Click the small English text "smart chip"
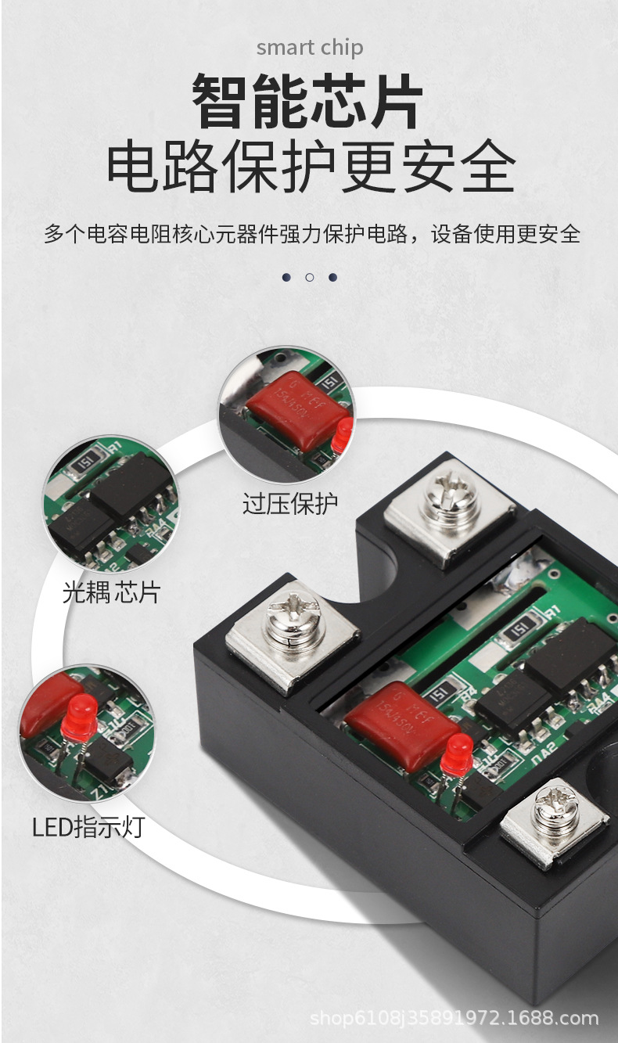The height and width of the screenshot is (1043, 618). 310,49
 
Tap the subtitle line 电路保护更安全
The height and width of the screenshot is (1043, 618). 311,166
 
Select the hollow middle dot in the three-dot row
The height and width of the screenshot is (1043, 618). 310,277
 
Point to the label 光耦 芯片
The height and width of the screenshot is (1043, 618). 110,592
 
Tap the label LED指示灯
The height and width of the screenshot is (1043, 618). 88,826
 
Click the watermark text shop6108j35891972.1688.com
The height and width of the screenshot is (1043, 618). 454,1018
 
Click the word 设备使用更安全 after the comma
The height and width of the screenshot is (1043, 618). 505,233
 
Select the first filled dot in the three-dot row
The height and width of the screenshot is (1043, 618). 287,277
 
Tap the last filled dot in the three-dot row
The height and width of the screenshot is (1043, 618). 332,277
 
